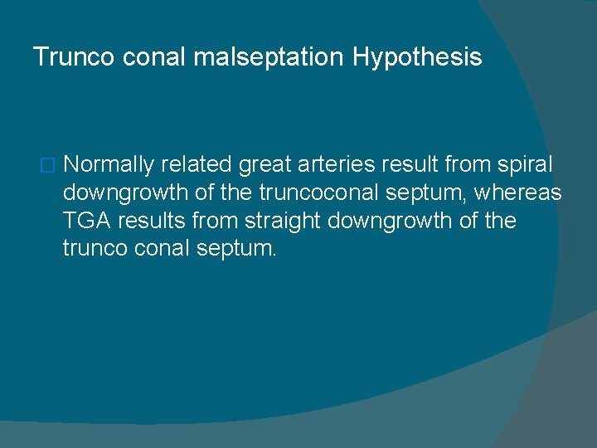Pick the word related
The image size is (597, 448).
pyautogui.click(x=197, y=166)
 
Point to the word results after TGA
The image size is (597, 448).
pyautogui.click(x=146, y=221)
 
